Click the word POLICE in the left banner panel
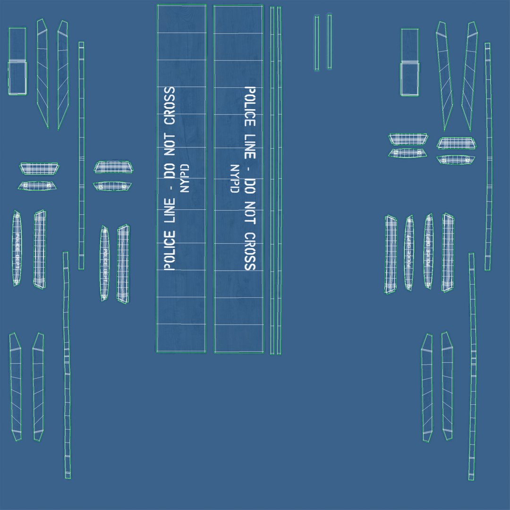point(169,251)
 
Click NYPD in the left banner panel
point(185,178)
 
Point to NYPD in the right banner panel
point(234,178)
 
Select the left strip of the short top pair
point(317,43)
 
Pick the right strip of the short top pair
point(329,42)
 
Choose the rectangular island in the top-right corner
point(409,61)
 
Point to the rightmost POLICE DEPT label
point(428,250)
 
